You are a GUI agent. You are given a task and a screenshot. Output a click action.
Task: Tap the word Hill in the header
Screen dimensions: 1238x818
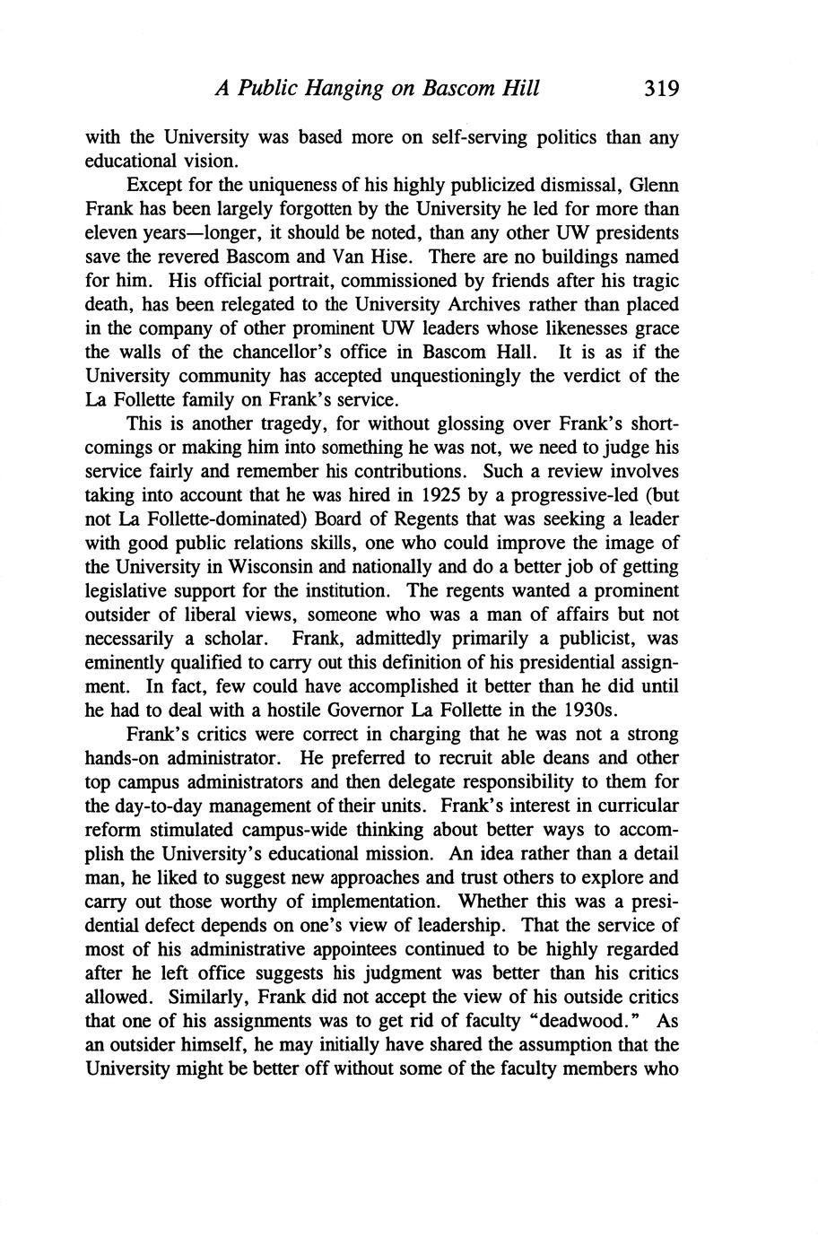[520, 89]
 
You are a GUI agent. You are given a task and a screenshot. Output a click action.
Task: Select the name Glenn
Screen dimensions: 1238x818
[654, 186]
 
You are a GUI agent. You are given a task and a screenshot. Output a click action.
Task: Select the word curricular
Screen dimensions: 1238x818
[633, 805]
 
